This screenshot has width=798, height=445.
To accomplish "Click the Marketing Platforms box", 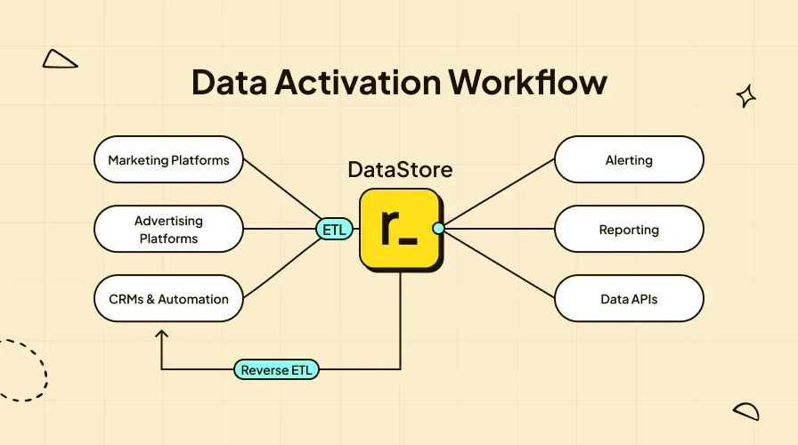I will [168, 160].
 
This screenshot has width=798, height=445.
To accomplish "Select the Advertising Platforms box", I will [168, 230].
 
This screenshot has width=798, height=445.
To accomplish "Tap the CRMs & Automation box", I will [168, 299].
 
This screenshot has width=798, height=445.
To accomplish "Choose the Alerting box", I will [629, 160].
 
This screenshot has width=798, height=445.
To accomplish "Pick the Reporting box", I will [629, 230].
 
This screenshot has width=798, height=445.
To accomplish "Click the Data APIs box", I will [629, 299].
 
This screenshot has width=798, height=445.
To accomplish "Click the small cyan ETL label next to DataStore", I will [334, 230].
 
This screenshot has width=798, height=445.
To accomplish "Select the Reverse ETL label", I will [277, 369].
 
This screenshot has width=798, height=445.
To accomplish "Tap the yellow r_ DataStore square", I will [399, 229].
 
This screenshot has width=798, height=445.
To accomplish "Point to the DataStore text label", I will [400, 169].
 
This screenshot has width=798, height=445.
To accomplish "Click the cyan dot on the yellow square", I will [438, 229].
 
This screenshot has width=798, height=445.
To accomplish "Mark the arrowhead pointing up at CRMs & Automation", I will [161, 335].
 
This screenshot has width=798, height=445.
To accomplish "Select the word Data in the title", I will [231, 82].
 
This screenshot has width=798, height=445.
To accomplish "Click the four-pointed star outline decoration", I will [745, 96].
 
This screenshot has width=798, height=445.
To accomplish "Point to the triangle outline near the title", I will [60, 60].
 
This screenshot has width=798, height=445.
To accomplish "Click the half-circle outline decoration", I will [746, 410].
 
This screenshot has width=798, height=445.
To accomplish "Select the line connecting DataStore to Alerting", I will [499, 193].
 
